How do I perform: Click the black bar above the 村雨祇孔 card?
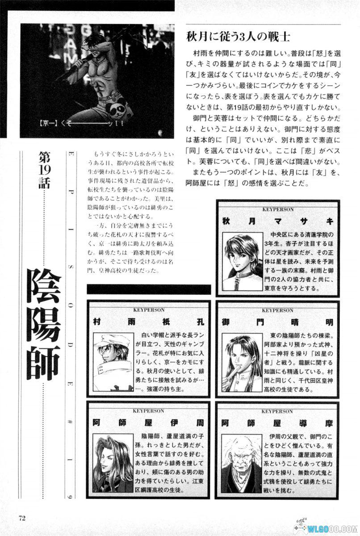[x=149, y=289]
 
